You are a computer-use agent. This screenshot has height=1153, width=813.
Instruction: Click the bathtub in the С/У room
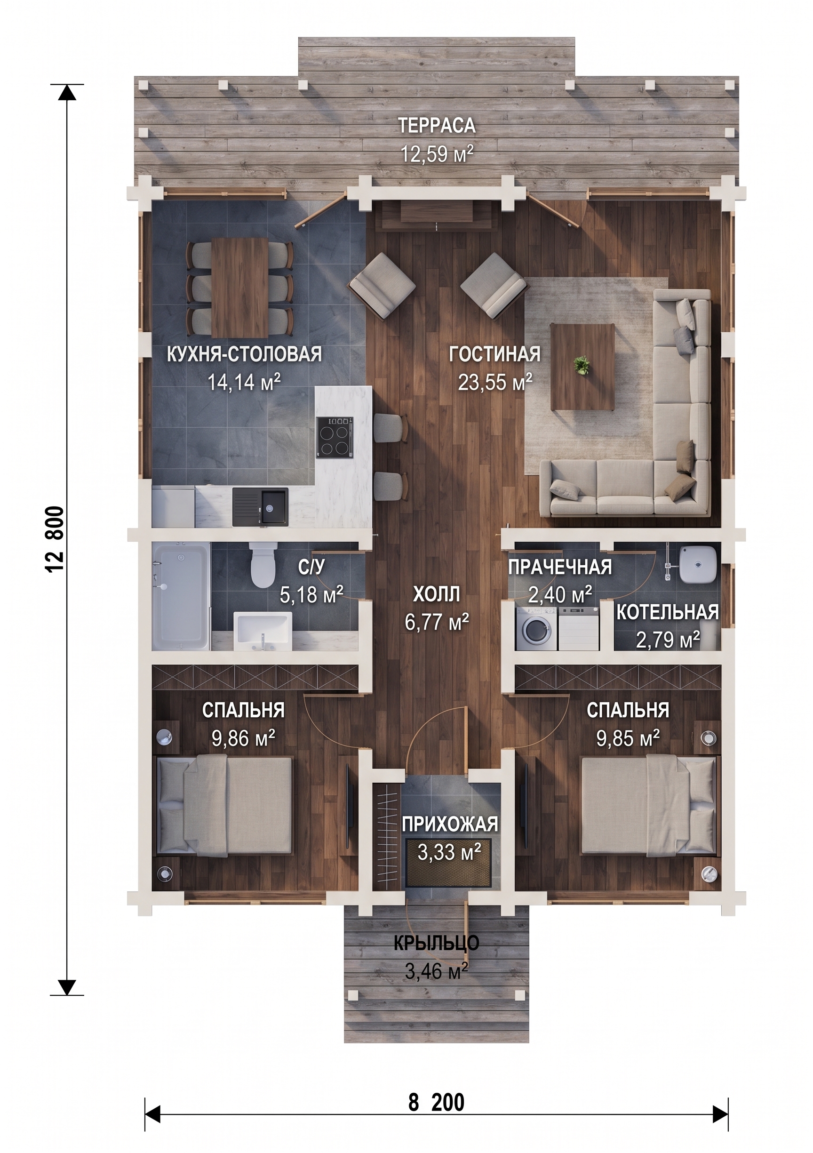coord(181,596)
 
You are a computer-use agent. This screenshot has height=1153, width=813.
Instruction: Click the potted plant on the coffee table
coord(582,365)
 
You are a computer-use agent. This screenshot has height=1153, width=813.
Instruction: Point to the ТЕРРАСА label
coord(437,126)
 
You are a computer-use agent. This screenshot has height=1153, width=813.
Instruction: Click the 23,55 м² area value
coord(494,383)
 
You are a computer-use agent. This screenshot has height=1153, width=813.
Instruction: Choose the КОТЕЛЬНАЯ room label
coord(667,613)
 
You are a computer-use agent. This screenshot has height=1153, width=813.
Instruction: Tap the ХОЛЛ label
coord(437,594)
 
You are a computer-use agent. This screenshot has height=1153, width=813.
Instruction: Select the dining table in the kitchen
coord(239,287)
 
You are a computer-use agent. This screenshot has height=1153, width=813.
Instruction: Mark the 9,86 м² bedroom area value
coord(243,739)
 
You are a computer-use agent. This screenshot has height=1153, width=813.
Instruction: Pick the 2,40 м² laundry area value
coord(560,594)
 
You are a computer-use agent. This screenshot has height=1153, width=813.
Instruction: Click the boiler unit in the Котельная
coord(696,564)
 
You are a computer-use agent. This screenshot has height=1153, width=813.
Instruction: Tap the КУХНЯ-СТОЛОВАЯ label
coord(244,354)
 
